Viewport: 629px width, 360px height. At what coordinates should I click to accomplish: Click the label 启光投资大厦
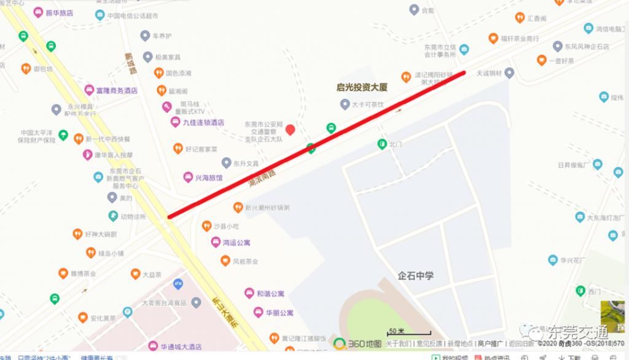362,88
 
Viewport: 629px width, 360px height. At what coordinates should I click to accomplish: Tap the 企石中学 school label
415,275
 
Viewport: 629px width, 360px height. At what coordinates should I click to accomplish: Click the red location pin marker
291,130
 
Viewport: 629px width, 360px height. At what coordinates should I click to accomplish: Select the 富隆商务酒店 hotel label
117,91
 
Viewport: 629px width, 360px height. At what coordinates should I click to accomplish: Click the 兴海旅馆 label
208,178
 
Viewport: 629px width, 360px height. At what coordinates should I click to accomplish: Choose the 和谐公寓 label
270,294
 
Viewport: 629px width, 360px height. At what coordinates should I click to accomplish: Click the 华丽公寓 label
279,313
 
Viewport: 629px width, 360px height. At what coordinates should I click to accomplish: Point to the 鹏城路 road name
130,63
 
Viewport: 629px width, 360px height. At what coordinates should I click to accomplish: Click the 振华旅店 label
59,12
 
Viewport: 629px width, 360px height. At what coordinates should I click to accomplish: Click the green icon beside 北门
382,144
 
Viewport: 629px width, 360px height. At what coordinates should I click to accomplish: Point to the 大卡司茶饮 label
367,105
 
